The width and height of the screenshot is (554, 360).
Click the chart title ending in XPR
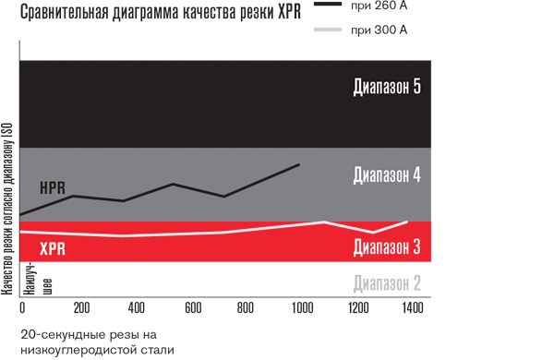point(160,15)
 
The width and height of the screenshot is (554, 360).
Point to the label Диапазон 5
point(387,88)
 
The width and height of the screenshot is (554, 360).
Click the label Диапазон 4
point(387,174)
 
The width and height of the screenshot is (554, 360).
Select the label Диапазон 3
point(387,246)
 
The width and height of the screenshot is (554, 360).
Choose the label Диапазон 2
point(387,283)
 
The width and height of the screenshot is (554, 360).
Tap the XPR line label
point(53,248)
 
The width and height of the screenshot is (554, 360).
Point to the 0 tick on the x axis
point(22,307)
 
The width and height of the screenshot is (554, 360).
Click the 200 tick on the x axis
point(78,307)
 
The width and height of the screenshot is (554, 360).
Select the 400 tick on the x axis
point(135,307)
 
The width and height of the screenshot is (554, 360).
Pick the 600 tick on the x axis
point(192,307)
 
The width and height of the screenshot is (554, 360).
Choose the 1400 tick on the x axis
point(412,307)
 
